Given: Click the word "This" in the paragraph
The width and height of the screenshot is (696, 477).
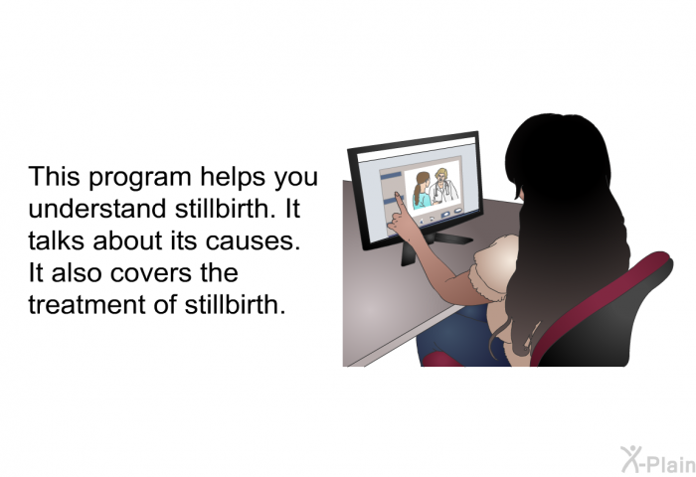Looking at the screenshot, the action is pos(54,176).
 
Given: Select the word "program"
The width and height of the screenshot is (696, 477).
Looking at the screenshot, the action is pos(140,179).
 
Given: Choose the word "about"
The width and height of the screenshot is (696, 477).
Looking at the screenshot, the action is pos(128,240).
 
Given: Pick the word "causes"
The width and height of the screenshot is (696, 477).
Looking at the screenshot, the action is pos(253,241).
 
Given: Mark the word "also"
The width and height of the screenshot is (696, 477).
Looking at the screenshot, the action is pos(77,272).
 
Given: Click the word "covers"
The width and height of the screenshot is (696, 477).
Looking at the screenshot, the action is pos(151,273).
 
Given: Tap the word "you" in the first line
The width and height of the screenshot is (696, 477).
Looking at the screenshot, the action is pos(295,179).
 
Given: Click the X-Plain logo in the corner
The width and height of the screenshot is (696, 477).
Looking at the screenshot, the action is pos(658,460).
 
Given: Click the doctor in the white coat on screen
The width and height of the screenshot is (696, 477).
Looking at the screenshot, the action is pos(443,186).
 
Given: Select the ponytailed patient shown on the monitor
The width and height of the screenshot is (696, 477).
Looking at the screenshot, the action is pos(422,191).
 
